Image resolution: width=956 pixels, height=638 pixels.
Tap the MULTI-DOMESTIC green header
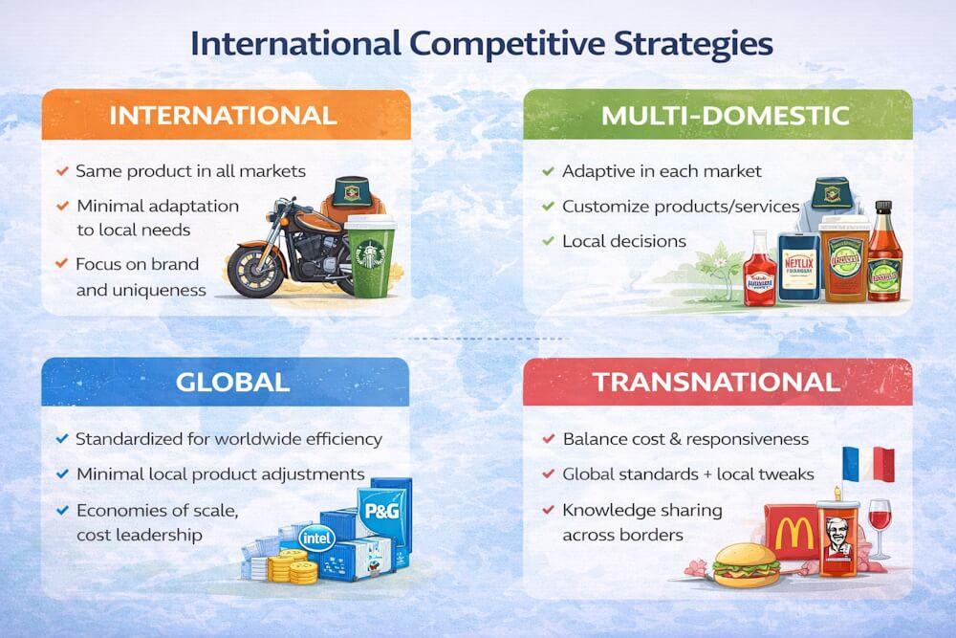click(725, 116)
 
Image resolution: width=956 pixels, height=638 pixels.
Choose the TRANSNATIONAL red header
click(717, 382)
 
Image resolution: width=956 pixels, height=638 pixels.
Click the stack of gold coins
click(286, 564)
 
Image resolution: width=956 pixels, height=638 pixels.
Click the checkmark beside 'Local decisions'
click(548, 241)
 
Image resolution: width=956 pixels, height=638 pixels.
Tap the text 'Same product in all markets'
click(190, 171)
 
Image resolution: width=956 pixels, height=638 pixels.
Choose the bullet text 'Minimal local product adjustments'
click(220, 473)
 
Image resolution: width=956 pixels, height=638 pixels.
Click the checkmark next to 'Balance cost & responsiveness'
click(548, 439)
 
